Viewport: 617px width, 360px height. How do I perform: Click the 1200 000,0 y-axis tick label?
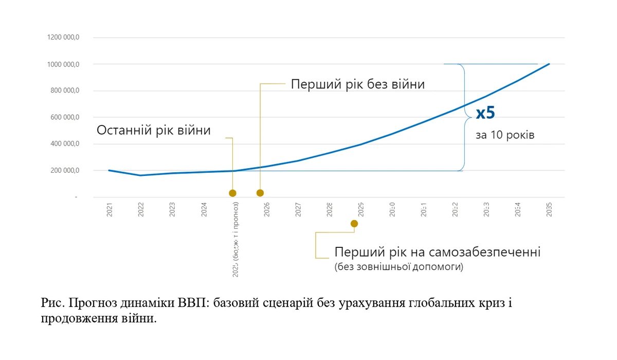pyautogui.click(x=63, y=38)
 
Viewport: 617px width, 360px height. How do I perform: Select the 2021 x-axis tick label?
pyautogui.click(x=110, y=210)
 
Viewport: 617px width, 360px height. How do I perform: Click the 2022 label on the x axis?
pyautogui.click(x=141, y=210)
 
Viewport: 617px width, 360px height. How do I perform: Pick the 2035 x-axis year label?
pyautogui.click(x=550, y=210)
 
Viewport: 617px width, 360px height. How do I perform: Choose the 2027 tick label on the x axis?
pyautogui.click(x=298, y=210)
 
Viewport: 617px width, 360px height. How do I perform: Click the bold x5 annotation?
pyautogui.click(x=485, y=113)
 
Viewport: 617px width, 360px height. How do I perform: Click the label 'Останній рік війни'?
pyautogui.click(x=154, y=130)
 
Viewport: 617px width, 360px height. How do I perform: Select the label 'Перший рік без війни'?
pyautogui.click(x=358, y=84)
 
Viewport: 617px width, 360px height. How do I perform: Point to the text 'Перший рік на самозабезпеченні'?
pyautogui.click(x=438, y=253)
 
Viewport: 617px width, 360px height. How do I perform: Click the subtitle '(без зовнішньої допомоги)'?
pyautogui.click(x=398, y=267)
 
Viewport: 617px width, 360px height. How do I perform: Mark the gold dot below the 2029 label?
pyautogui.click(x=354, y=223)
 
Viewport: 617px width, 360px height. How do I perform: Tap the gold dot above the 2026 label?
pyautogui.click(x=260, y=193)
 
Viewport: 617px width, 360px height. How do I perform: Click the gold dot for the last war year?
pyautogui.click(x=232, y=193)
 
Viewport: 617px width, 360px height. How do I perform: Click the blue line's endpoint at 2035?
pyautogui.click(x=549, y=64)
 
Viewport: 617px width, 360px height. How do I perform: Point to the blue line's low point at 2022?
pyautogui.click(x=141, y=175)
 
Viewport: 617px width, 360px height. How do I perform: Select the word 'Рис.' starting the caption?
pyautogui.click(x=52, y=303)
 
